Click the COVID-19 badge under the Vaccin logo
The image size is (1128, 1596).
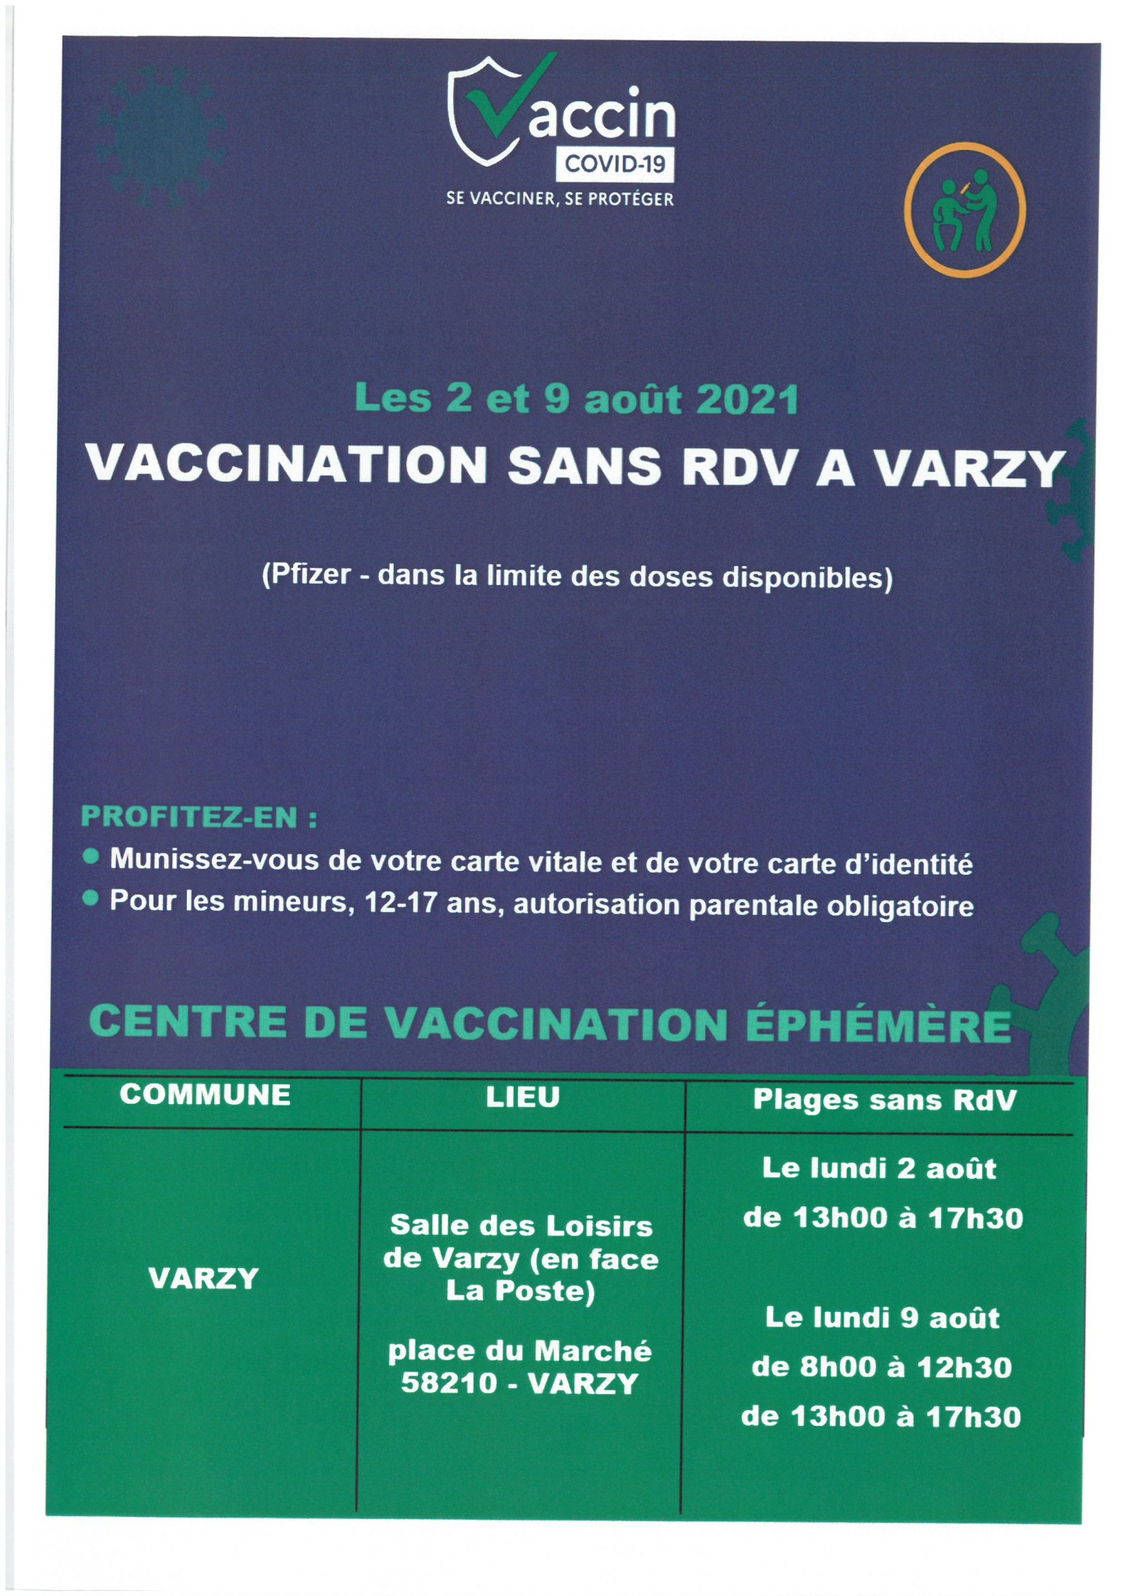coord(614,164)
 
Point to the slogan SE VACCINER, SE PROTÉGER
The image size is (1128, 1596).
coord(560,199)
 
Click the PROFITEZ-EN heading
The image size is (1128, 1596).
coord(199,817)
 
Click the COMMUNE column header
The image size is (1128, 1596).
coord(205,1095)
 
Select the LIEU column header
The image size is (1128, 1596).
coord(523,1097)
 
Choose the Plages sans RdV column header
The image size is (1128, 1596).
coord(885,1099)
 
